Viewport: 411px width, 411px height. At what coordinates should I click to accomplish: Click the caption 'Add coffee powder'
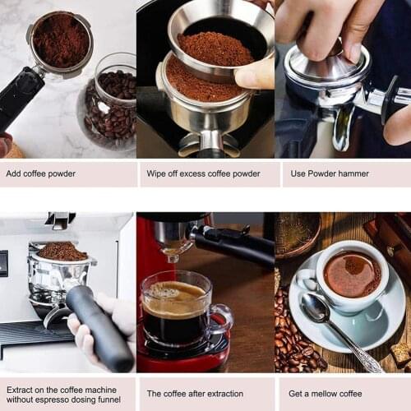coord(41,173)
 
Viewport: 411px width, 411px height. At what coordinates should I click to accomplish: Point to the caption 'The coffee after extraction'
coord(195,394)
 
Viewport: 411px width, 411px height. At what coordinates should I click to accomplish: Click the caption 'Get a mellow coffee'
coord(326,394)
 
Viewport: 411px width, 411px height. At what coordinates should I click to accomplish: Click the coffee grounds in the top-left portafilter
coord(59,39)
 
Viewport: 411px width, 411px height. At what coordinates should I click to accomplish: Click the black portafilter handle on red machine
coord(235,245)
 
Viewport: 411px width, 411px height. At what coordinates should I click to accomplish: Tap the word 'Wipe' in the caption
coord(158,173)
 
